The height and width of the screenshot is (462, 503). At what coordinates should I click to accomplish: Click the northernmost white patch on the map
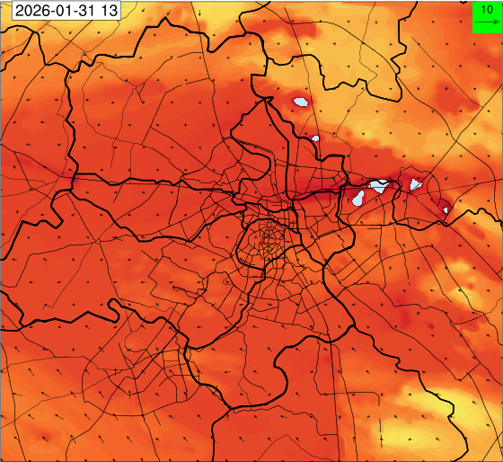(300, 102)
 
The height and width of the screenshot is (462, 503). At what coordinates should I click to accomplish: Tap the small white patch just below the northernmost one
(316, 138)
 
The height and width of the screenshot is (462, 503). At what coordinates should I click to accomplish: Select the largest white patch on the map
(379, 187)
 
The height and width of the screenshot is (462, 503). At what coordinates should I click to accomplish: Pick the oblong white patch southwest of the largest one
(357, 199)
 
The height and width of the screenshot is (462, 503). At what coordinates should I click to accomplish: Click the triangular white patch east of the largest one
(415, 184)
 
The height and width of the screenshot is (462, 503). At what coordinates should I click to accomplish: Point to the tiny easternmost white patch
(446, 210)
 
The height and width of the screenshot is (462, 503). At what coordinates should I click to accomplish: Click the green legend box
(486, 16)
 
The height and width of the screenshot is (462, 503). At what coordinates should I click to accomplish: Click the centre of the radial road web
(268, 242)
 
